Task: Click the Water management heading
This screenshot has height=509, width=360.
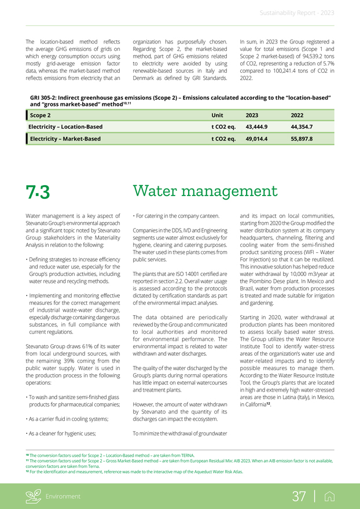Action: (x=205, y=191)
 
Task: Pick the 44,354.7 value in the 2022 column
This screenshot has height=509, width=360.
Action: (x=302, y=127)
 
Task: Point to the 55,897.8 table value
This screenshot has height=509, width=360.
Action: (x=302, y=139)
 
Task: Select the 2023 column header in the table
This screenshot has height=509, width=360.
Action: (x=252, y=115)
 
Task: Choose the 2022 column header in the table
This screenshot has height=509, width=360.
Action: (x=297, y=115)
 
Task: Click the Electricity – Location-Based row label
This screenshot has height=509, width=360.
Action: (x=66, y=127)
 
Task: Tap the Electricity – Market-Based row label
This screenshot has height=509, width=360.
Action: (x=65, y=139)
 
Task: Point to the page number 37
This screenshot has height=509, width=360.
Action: (x=299, y=496)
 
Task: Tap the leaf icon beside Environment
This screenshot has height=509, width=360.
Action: (x=34, y=496)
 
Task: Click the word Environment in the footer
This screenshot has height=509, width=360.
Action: (x=64, y=496)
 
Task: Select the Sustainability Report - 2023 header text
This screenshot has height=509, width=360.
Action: (x=296, y=13)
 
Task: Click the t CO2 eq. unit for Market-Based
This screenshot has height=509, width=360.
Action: (x=223, y=139)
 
